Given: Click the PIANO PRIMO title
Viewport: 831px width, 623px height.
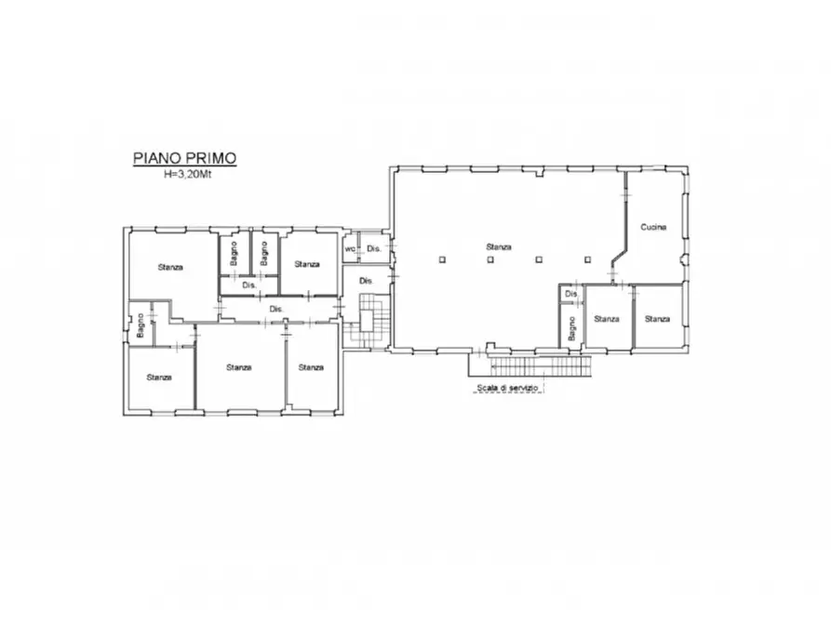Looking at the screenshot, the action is coord(184,158).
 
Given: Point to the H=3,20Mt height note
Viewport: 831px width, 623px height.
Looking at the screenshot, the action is coord(187,174).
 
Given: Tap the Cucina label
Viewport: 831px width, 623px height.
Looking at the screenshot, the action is coord(653,227).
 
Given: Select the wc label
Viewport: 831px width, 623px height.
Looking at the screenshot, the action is coord(350,248).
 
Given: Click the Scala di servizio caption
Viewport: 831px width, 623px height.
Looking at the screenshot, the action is coord(507,388).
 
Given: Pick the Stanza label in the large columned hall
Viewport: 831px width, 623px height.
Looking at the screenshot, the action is coord(499,246).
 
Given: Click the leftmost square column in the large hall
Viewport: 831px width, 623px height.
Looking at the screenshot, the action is coord(443,259).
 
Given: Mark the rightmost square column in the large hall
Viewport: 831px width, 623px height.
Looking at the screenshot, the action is coord(587,259).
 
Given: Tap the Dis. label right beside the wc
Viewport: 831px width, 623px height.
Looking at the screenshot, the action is coord(374,248).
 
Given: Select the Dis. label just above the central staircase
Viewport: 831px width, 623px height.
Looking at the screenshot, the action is coord(367,281).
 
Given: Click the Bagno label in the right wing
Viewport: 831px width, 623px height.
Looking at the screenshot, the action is coord(571,328).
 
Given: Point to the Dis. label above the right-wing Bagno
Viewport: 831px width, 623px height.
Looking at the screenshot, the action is coord(571,294).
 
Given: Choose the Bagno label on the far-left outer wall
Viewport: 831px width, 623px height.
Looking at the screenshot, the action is coord(140,325).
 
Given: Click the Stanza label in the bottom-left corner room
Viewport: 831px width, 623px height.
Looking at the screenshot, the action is coord(159,378).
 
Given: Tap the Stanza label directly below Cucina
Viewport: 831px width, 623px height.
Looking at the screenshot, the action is coord(657,319).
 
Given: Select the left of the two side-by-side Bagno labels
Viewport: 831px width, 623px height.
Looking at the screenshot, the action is coord(234,254).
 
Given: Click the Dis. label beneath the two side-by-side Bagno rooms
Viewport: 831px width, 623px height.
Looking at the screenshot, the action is coord(249,285).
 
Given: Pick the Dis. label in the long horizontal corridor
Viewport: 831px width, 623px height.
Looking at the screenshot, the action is coord(276,309).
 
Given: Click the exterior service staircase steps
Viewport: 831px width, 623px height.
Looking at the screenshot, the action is coord(540,366).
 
